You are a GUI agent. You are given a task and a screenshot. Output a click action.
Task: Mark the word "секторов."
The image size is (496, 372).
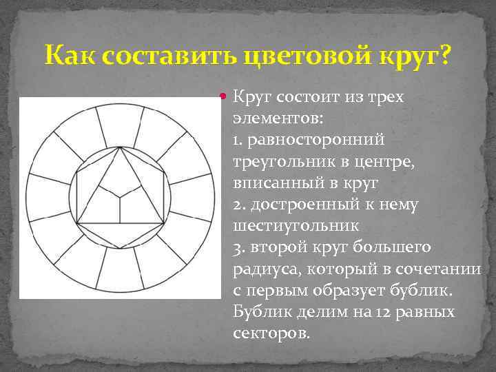click(272, 333)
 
